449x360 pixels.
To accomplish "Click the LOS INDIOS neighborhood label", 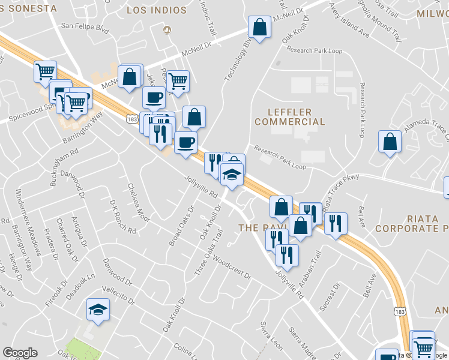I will pyautogui.click(x=157, y=10).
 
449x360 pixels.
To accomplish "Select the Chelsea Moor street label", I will pyautogui.click(x=139, y=205).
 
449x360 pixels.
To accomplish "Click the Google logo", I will pyautogui.click(x=20, y=353).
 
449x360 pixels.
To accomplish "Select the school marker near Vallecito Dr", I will pyautogui.click(x=97, y=310).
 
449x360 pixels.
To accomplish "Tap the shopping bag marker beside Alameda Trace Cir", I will pyautogui.click(x=390, y=142).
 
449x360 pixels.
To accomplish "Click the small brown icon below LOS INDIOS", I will pyautogui.click(x=167, y=29).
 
